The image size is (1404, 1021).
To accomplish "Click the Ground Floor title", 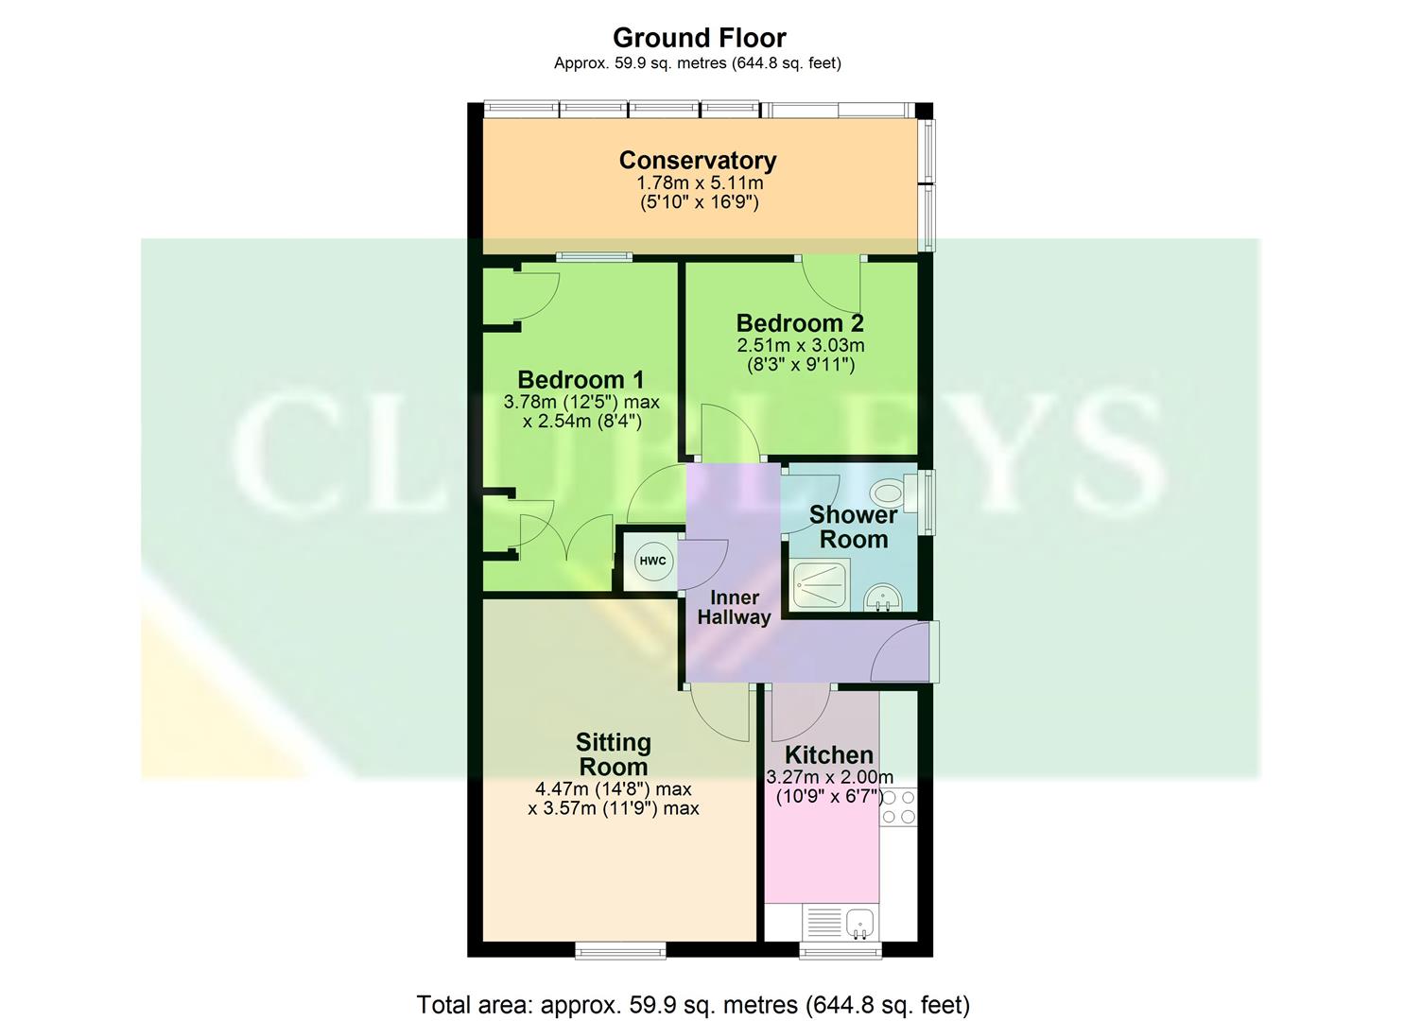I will click(x=699, y=38).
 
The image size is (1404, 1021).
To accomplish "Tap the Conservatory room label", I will click(x=698, y=161).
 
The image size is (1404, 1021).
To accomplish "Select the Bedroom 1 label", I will click(x=581, y=380).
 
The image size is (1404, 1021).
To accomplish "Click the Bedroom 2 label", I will click(x=800, y=323).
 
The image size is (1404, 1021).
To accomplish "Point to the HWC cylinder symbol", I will click(x=652, y=561).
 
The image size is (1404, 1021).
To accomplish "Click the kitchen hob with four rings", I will click(x=897, y=805).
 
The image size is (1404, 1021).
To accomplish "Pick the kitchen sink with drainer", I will click(x=840, y=923).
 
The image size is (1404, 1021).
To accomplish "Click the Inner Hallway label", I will click(x=734, y=607).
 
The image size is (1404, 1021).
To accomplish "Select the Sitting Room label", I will click(x=613, y=754).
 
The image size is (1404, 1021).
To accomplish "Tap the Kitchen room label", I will click(x=828, y=754).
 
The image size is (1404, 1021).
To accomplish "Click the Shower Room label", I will click(x=853, y=527).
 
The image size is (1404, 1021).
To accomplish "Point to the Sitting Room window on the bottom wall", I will click(x=620, y=949).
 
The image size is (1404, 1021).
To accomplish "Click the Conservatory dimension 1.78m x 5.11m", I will click(x=699, y=183).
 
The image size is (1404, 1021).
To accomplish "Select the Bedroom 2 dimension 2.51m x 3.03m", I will click(x=800, y=346).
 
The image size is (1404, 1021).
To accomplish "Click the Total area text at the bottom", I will click(x=693, y=1004).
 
